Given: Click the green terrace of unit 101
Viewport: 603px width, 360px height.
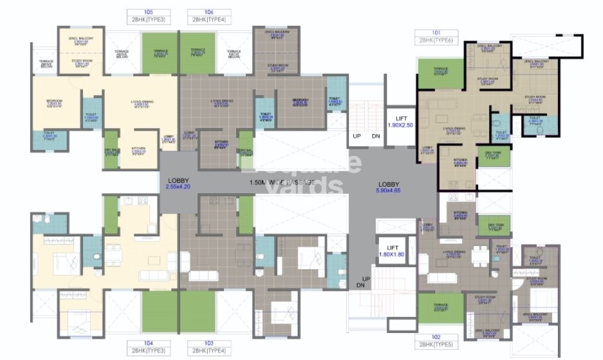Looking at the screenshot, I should click(x=441, y=73).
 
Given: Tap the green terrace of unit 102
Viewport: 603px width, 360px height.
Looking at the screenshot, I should click(x=440, y=308).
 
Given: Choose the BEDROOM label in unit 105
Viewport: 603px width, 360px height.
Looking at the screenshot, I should click(x=54, y=102).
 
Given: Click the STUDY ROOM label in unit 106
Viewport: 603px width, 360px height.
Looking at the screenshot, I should click(x=277, y=66).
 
